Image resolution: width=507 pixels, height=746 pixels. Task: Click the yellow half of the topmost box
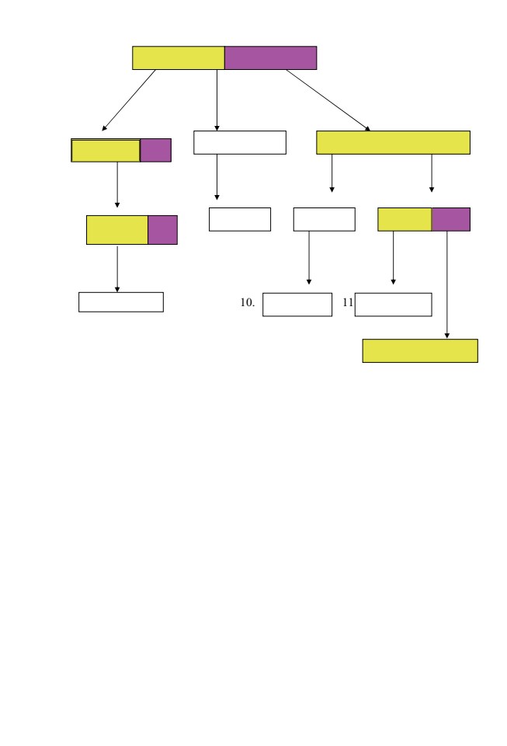[178, 58]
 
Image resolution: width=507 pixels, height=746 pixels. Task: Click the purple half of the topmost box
[270, 58]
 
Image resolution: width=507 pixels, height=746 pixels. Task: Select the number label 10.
[247, 302]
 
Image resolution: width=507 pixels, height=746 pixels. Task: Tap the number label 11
[348, 302]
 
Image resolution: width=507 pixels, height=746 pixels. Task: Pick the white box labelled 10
[297, 305]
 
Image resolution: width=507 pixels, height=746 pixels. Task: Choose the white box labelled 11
[394, 305]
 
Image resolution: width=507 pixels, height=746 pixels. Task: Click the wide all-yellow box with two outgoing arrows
[394, 143]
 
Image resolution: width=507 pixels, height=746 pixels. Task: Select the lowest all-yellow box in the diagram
[420, 351]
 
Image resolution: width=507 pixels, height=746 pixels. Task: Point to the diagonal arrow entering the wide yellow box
[328, 100]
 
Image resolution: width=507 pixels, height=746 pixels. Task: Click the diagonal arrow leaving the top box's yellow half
[129, 100]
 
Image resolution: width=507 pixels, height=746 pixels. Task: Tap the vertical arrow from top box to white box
[217, 100]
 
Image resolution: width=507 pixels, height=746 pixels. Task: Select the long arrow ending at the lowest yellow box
[446, 285]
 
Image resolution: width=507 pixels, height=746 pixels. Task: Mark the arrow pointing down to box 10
[309, 258]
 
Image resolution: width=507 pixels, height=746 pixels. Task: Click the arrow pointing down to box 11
[393, 258]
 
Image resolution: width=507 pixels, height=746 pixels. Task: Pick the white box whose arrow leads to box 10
[324, 219]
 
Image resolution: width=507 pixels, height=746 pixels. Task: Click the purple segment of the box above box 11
[451, 219]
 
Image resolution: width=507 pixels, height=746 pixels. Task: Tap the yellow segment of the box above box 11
[405, 219]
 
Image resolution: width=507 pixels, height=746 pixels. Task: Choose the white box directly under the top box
[240, 143]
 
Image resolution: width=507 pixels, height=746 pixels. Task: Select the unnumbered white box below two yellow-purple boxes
[121, 302]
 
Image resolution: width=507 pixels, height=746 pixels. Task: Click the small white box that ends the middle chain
[240, 219]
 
